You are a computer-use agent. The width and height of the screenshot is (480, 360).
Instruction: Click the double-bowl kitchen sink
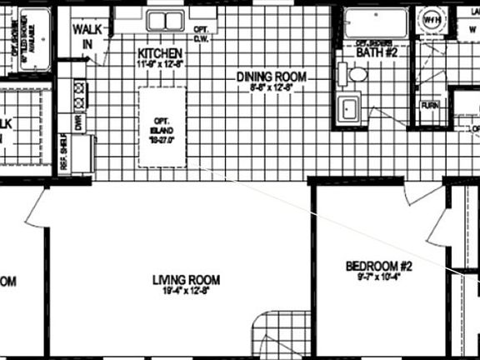point(166,20)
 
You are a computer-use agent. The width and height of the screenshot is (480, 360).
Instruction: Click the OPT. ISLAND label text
point(161,127)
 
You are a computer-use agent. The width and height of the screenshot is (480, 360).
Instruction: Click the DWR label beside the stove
point(79,122)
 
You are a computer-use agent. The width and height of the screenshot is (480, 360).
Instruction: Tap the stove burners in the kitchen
point(80,95)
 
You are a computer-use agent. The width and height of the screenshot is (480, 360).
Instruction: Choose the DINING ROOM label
point(271,77)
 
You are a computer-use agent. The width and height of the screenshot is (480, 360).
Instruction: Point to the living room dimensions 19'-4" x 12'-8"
point(186,292)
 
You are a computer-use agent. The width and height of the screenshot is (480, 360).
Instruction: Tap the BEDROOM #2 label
point(374,266)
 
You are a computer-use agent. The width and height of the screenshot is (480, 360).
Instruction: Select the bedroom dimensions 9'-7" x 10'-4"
point(374,277)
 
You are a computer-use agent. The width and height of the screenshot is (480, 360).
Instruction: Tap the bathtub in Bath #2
point(376,23)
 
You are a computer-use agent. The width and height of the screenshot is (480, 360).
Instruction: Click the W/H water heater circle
point(431,18)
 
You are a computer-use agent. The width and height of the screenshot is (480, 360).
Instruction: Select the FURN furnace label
point(430,106)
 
